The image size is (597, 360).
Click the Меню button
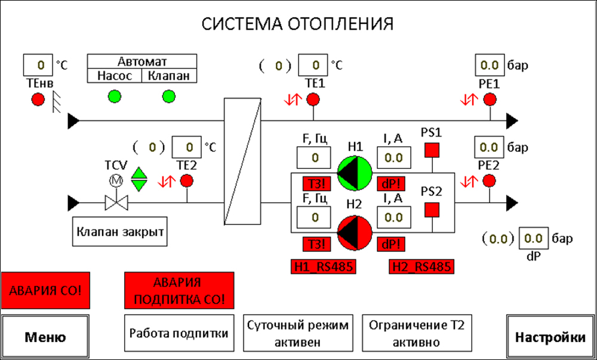(x=45, y=337)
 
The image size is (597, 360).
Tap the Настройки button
(x=550, y=337)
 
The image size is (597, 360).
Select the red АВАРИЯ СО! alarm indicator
(x=45, y=291)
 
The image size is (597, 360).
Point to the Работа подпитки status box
(x=179, y=333)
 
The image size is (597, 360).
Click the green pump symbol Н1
(x=355, y=173)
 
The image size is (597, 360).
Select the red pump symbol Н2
(x=355, y=232)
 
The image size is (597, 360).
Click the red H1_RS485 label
(x=323, y=266)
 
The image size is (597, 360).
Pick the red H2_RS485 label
(x=420, y=266)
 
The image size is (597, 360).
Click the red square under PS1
(x=432, y=150)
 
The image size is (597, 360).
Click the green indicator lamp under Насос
(x=114, y=96)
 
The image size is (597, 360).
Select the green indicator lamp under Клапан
(x=169, y=96)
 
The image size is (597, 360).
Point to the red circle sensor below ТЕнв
(x=38, y=100)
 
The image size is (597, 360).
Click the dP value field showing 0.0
(x=532, y=239)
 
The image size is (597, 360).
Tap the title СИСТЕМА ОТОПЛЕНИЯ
(x=297, y=24)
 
